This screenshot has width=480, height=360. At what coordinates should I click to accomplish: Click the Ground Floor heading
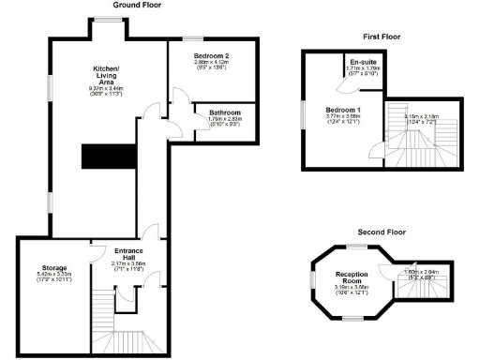tap(137, 5)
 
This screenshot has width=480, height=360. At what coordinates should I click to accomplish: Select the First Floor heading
tap(382, 37)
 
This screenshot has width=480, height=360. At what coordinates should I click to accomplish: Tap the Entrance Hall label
tap(127, 254)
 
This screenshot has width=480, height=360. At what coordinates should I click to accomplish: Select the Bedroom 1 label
tap(343, 111)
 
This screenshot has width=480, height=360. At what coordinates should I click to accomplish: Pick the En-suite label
tap(359, 62)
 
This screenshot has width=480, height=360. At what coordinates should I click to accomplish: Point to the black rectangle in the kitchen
tap(98, 157)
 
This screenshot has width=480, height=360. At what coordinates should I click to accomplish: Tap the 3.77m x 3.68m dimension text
tap(343, 116)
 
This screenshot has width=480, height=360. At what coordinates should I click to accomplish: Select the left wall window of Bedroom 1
tap(303, 113)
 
